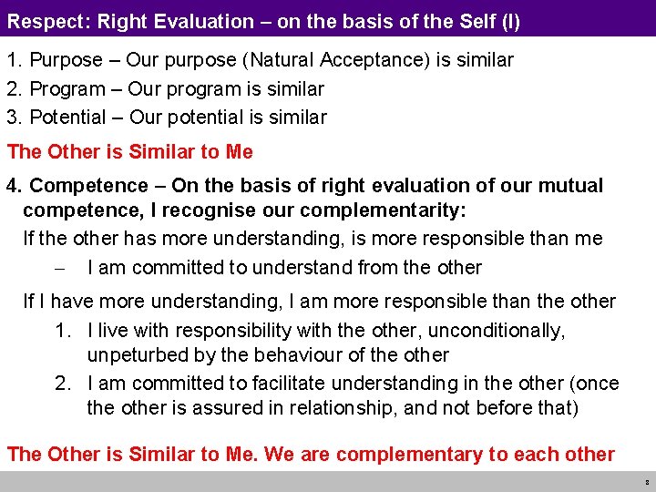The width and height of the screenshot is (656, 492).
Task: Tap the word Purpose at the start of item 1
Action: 67,61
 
